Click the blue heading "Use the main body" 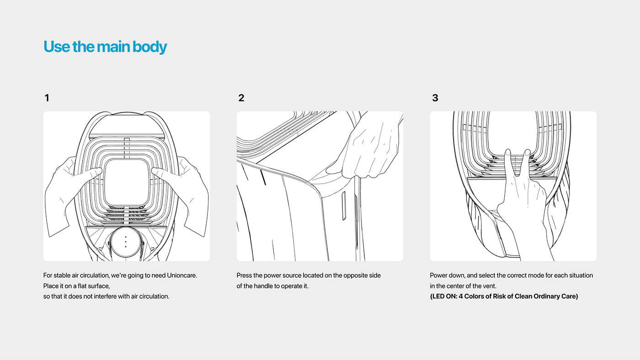point(105,47)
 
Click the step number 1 point(47,98)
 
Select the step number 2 point(241,98)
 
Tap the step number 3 point(435,98)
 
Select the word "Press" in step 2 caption point(245,275)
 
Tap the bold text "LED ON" point(443,296)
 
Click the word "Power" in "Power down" point(439,275)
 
